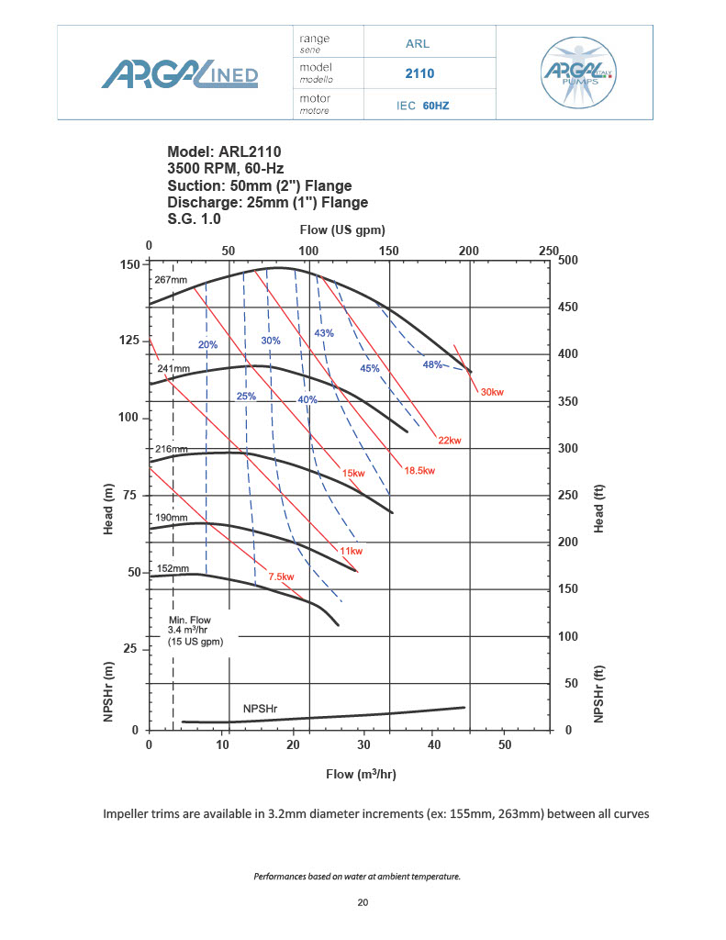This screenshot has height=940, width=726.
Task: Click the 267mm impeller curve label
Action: [x=171, y=280]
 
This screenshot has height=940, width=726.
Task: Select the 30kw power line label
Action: [x=492, y=393]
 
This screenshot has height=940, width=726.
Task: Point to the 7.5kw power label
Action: [x=281, y=576]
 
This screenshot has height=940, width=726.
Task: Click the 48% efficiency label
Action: [x=432, y=364]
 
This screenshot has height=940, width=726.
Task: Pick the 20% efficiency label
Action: [x=207, y=344]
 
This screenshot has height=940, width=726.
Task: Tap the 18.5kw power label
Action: [x=419, y=471]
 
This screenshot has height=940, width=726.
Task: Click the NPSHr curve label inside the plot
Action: [x=260, y=709]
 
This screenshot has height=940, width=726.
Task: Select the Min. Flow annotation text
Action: [x=190, y=632]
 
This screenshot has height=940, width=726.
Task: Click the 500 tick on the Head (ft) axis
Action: [x=570, y=261]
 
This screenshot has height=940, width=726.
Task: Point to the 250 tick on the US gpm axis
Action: [x=549, y=251]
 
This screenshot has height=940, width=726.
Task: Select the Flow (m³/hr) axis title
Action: [x=361, y=774]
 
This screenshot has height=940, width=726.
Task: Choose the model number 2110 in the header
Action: [x=419, y=73]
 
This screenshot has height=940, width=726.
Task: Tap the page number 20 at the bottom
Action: [x=363, y=903]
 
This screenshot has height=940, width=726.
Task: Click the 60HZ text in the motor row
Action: [x=436, y=106]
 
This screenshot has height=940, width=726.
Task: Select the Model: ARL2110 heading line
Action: [x=224, y=152]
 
